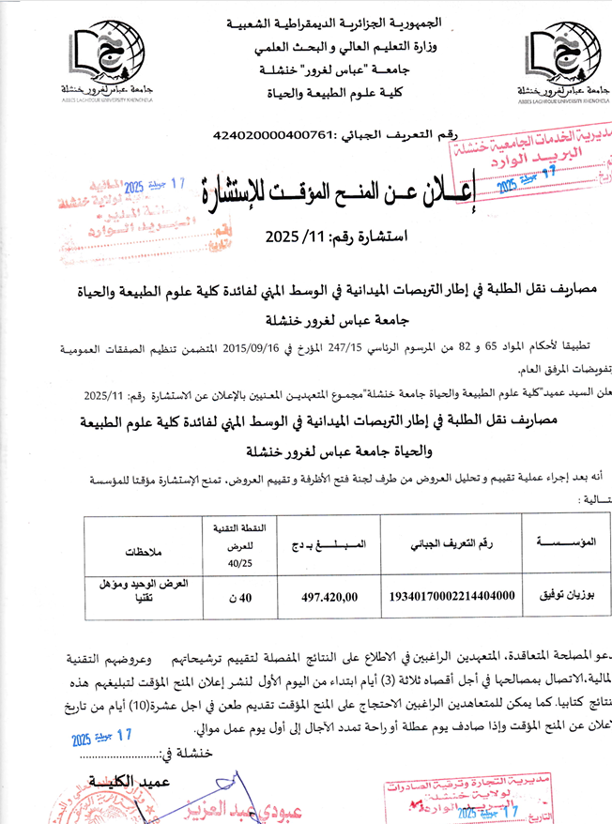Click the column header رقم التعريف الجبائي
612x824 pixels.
[452, 543]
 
